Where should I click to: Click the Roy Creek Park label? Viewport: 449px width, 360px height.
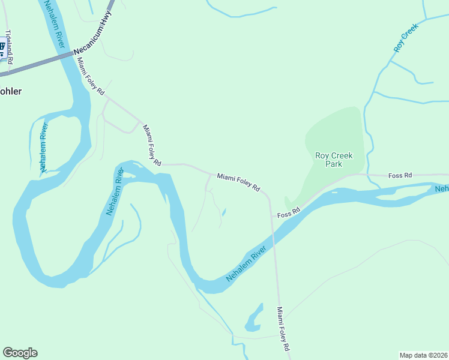tap(334, 159)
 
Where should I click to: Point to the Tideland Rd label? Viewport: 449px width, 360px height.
tap(8, 46)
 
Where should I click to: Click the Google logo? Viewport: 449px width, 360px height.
tap(20, 353)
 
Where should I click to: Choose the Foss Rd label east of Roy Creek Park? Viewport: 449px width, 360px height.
tap(400, 175)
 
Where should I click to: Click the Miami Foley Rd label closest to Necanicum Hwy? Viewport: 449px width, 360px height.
tap(91, 76)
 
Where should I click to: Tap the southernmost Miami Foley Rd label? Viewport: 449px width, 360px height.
tap(283, 329)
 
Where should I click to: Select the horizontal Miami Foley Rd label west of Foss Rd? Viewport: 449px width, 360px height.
tap(238, 182)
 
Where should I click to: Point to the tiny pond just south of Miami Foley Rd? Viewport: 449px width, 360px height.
tap(224, 212)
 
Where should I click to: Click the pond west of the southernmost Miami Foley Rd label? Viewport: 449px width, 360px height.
tap(254, 319)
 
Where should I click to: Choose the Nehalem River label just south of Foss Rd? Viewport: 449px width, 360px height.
tap(246, 265)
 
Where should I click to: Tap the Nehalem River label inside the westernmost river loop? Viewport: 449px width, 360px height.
tap(43, 148)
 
